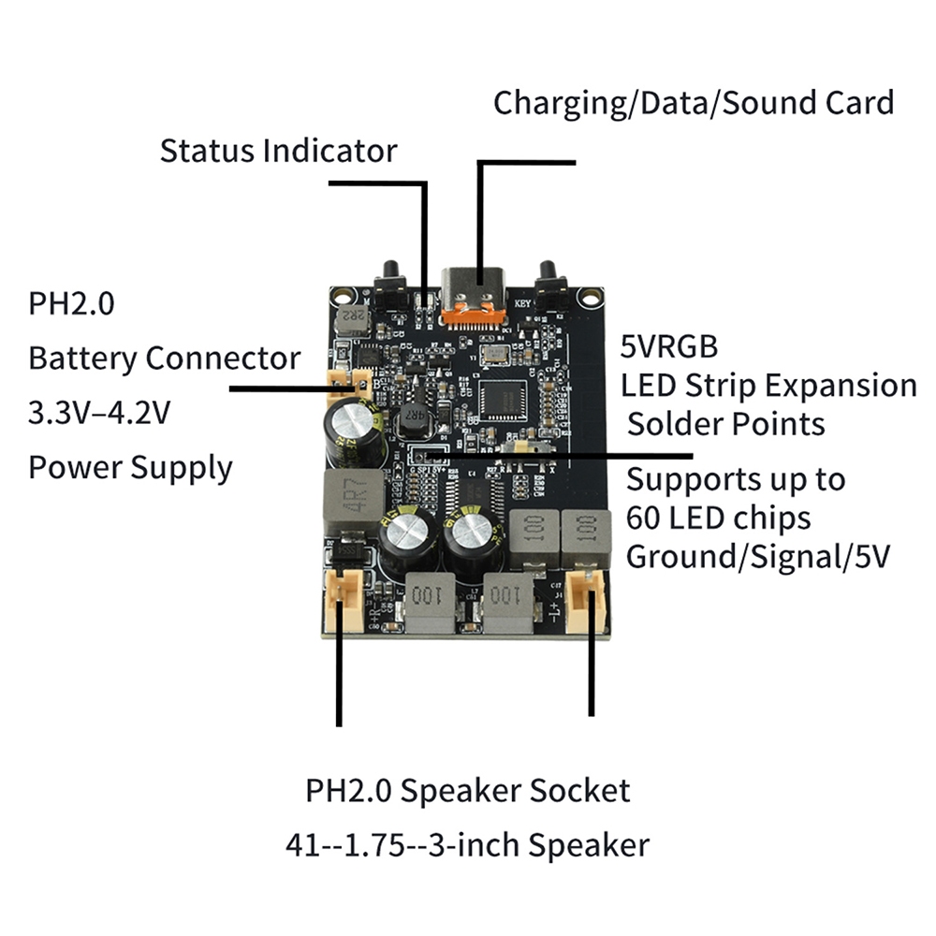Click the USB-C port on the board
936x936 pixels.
point(474,296)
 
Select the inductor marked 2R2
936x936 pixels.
point(352,321)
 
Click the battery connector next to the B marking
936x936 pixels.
point(349,384)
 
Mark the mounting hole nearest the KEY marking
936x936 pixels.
point(590,296)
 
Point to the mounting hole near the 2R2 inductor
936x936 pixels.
point(342,296)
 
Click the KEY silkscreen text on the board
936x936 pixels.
point(522,303)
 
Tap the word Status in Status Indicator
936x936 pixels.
point(206,151)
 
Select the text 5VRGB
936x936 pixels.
point(668,346)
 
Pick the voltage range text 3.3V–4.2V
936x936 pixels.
point(100,412)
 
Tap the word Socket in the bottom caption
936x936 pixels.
point(579,790)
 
